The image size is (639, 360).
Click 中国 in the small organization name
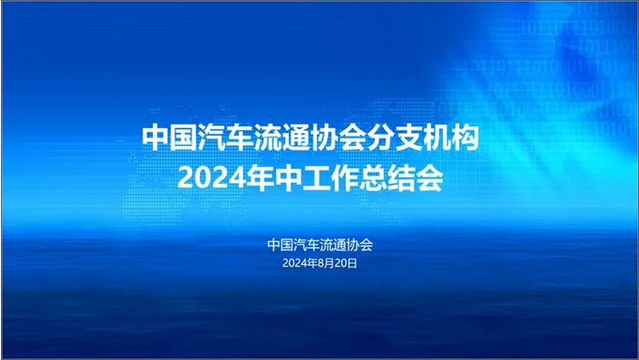(281, 244)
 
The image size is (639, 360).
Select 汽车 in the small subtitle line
(307, 244)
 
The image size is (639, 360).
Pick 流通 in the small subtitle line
(334, 244)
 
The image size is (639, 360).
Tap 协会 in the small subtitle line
(360, 244)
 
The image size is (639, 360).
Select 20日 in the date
(347, 264)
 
